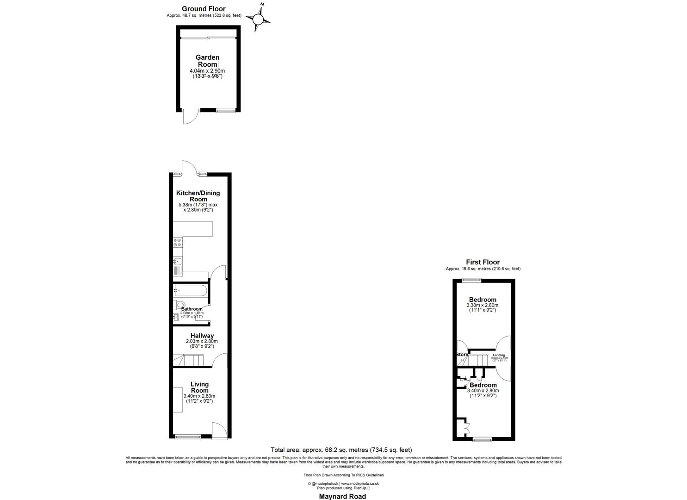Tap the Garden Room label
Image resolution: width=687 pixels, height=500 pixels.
click(207, 61)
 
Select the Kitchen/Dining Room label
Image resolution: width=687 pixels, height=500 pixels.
click(198, 196)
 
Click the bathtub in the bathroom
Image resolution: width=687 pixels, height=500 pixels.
click(190, 291)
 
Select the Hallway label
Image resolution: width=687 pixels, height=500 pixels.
click(202, 336)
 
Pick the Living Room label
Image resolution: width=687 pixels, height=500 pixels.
click(199, 387)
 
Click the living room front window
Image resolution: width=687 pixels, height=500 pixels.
click(188, 437)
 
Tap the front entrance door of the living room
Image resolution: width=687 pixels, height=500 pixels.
click(219, 430)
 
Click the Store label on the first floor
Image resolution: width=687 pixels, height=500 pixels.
click(462, 355)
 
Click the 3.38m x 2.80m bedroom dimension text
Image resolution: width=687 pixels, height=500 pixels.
click(483, 306)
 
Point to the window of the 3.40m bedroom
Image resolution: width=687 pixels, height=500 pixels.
click(482, 438)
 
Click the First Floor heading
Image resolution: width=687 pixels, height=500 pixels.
click(483, 262)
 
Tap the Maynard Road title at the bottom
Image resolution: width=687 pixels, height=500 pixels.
click(342, 496)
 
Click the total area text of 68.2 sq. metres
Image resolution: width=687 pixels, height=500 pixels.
click(341, 450)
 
